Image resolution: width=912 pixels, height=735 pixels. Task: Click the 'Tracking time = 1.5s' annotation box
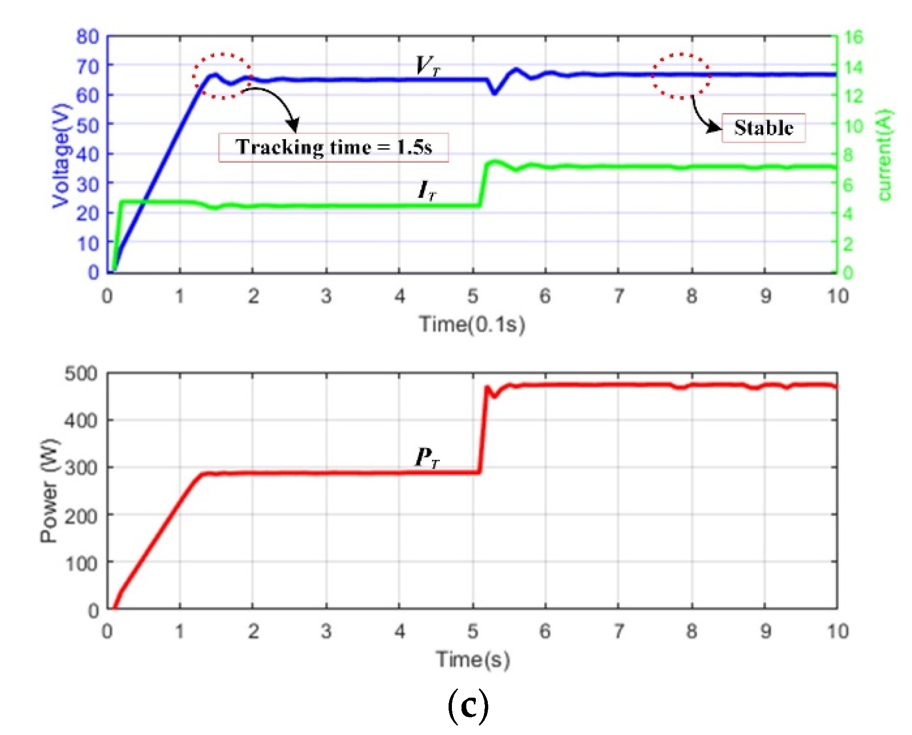[x=333, y=147]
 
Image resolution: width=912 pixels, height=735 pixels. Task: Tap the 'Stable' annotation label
[x=763, y=128]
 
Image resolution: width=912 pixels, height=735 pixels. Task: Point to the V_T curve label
[x=427, y=66]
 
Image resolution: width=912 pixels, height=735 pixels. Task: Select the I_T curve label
[x=427, y=190]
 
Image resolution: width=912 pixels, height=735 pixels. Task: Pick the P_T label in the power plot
[x=427, y=457]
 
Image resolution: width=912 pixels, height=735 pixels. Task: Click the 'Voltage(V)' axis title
[x=61, y=155]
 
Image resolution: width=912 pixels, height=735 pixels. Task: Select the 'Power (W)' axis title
[x=49, y=490]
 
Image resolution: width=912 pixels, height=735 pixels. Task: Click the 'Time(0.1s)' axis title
[x=472, y=324]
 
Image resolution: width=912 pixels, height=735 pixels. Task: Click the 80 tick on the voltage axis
[x=88, y=36]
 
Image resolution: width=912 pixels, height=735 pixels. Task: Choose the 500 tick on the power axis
[x=81, y=373]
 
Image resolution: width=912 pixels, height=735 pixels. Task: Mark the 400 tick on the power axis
[x=81, y=421]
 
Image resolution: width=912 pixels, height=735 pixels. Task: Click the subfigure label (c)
[x=468, y=705]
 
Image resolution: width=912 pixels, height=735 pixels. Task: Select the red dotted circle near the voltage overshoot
[x=222, y=76]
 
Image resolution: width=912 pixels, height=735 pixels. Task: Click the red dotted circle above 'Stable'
[x=681, y=76]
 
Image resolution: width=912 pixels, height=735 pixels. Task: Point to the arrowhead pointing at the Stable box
[x=714, y=127]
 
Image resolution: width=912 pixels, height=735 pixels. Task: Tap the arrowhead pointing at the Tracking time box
[x=293, y=125]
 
